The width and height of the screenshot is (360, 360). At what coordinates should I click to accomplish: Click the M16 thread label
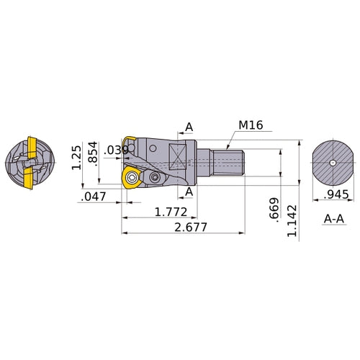[x=251, y=125]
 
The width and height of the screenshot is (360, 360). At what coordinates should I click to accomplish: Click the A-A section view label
[x=333, y=217]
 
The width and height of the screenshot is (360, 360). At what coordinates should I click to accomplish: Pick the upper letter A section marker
[x=189, y=127]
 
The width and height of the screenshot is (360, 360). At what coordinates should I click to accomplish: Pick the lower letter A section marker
[x=189, y=192]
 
